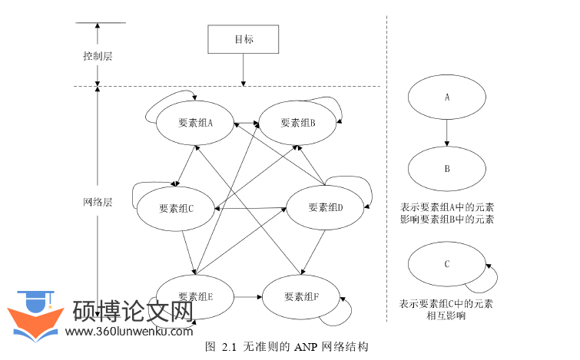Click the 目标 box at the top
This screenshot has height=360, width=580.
(244, 39)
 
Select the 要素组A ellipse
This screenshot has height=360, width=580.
(195, 122)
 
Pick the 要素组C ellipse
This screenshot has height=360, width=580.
(176, 208)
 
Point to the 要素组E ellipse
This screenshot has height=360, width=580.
(195, 297)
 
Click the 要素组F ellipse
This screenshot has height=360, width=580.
(301, 297)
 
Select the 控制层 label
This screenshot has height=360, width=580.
(98, 57)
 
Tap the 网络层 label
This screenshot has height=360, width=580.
(98, 203)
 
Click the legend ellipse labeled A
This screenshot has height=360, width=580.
(446, 97)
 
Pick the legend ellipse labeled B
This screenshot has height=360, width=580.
(446, 168)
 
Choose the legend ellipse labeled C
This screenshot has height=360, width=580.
(446, 264)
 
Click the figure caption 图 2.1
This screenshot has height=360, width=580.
(288, 347)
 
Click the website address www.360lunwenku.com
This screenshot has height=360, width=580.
(129, 332)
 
